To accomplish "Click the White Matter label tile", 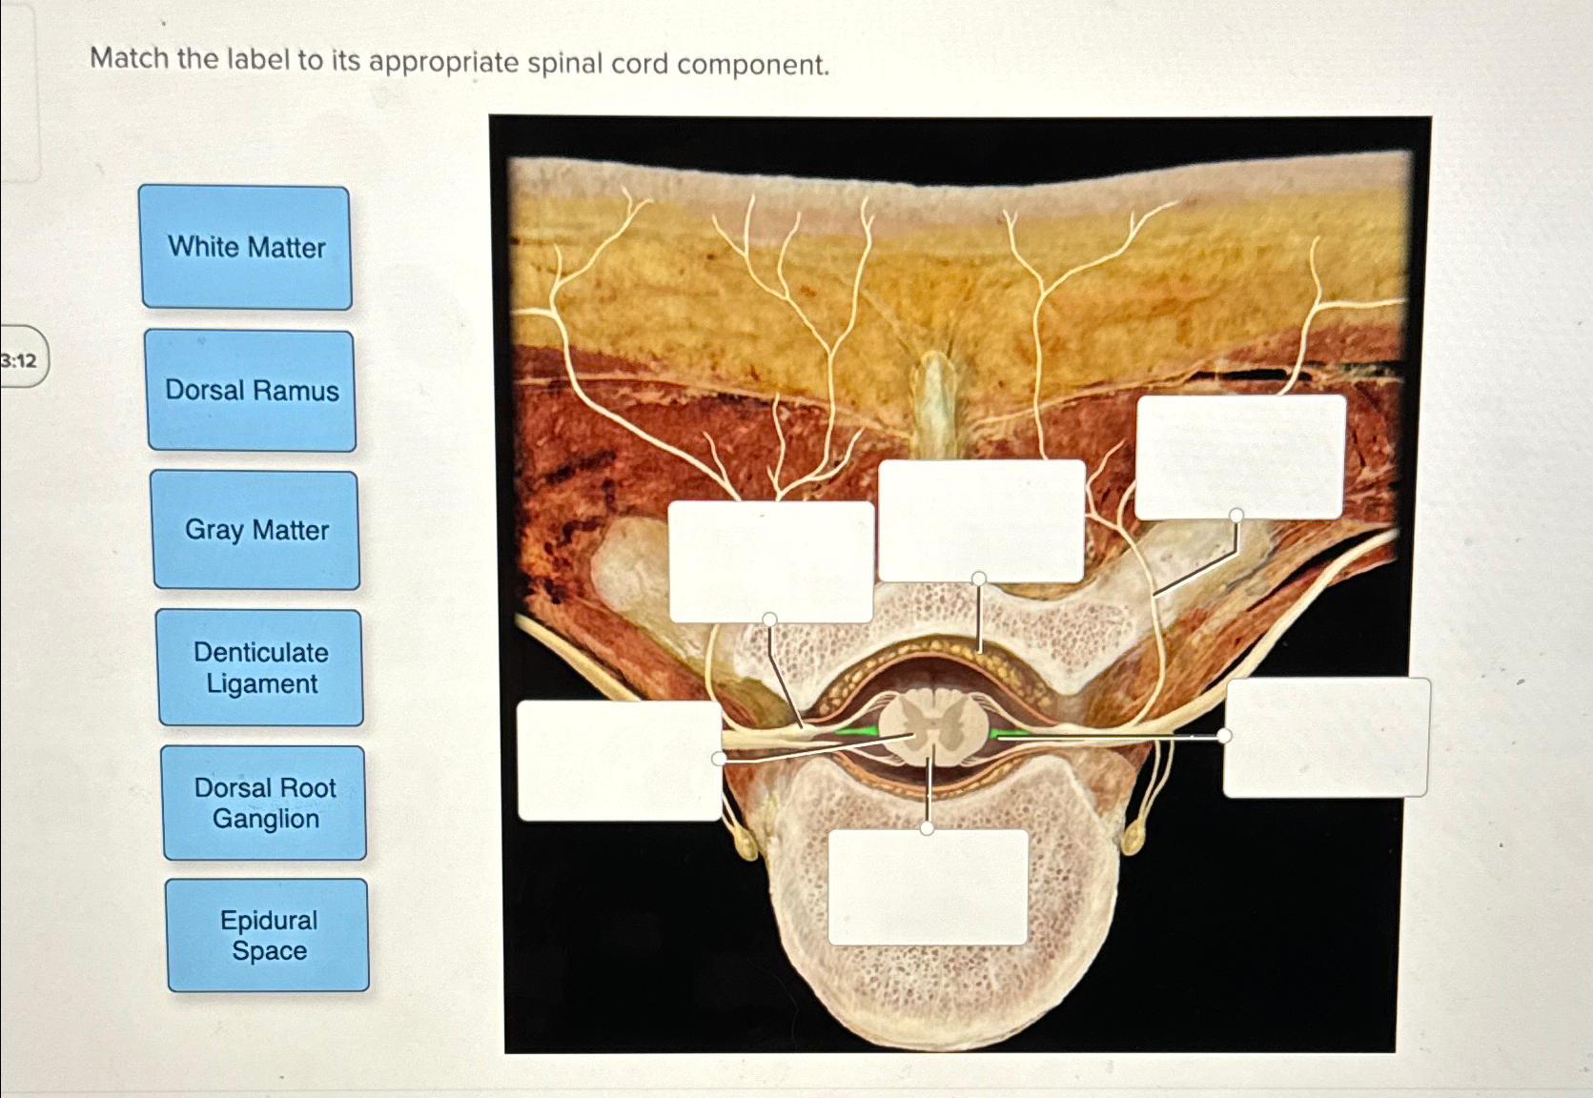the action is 246,248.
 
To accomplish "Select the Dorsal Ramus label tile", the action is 252,391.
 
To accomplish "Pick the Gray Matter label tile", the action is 256,530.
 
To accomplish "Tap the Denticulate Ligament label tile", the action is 261,668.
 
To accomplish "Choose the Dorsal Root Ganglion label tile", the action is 265,803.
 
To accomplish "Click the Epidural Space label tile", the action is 269,935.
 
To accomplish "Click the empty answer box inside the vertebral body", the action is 928,887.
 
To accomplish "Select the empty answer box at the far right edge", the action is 1326,737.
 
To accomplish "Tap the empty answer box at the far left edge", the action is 619,761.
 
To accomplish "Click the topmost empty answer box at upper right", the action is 1240,457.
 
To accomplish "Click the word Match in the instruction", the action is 129,59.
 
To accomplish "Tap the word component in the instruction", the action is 753,65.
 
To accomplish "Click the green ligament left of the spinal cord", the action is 856,731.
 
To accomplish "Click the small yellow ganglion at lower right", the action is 1133,839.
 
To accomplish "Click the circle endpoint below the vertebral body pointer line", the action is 928,828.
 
